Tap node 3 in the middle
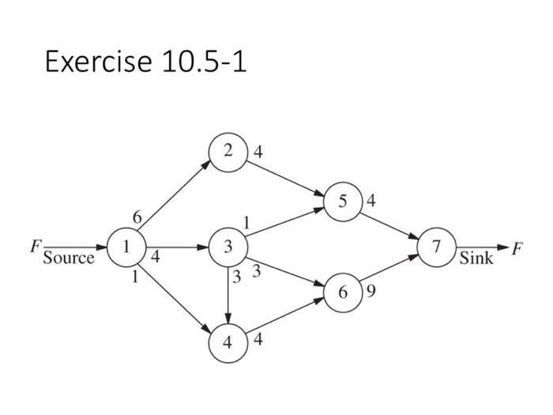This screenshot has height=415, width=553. click(228, 247)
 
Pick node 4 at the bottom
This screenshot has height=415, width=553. click(228, 343)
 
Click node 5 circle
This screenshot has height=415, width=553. click(341, 201)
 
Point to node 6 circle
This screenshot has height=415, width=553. click(342, 292)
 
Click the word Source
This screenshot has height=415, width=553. click(68, 258)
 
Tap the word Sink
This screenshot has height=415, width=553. click(476, 258)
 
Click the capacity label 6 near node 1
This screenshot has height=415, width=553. click(137, 216)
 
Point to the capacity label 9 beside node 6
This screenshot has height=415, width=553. click(371, 292)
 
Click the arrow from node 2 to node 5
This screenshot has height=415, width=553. click(284, 176)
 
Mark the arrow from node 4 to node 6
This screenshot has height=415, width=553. click(284, 318)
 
